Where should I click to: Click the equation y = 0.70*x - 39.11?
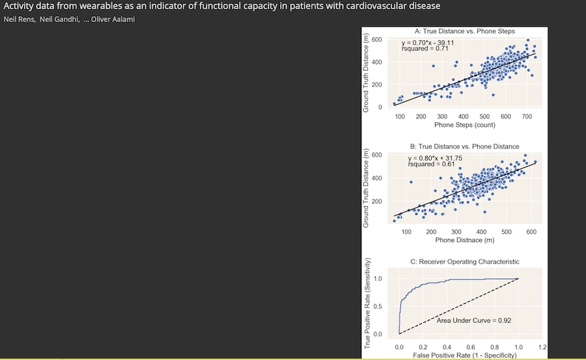428,43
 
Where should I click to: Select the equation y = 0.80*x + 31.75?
435,158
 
